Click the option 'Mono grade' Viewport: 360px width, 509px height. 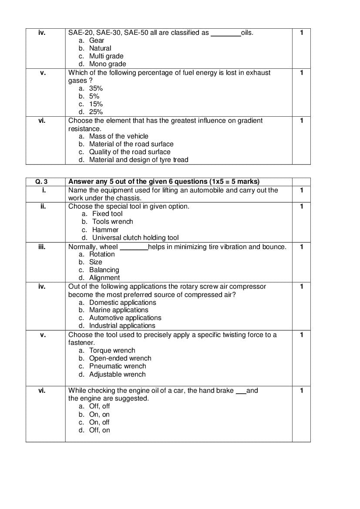108,64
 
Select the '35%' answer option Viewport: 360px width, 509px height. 96,88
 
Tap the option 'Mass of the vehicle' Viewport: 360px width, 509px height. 118,136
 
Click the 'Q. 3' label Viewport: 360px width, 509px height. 42,182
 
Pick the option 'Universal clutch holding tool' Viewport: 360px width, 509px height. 135,238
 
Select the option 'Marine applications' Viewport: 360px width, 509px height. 118,310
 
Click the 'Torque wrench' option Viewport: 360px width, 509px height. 112,351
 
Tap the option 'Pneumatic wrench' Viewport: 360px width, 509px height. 118,366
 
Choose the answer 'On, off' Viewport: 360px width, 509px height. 99,422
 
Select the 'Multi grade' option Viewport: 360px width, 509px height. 106,56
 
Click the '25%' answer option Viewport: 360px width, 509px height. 96,112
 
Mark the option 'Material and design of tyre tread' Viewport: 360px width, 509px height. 138,160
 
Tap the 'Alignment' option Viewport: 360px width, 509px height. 104,278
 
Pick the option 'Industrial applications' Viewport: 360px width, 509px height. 122,326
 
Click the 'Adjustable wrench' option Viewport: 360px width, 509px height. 117,374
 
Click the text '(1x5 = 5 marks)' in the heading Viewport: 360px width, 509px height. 234,182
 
